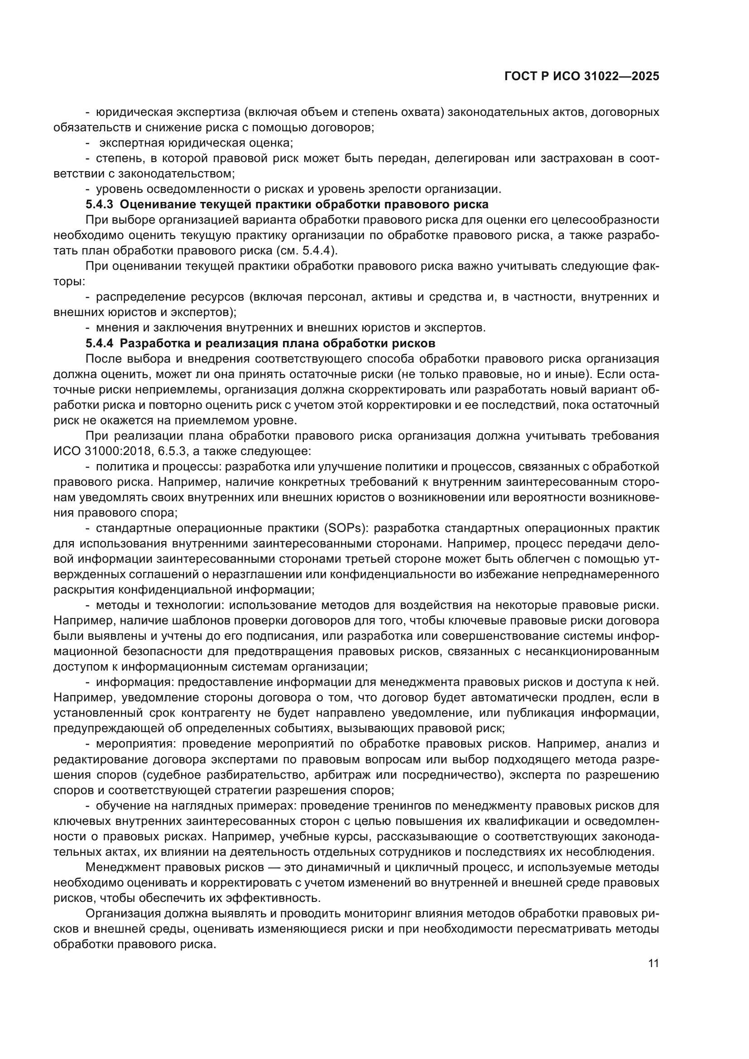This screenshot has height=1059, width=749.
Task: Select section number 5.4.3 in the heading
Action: click(x=100, y=204)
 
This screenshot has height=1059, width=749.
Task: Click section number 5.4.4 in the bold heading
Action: click(x=100, y=343)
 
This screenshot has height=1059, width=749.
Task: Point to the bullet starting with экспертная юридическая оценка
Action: click(x=196, y=143)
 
